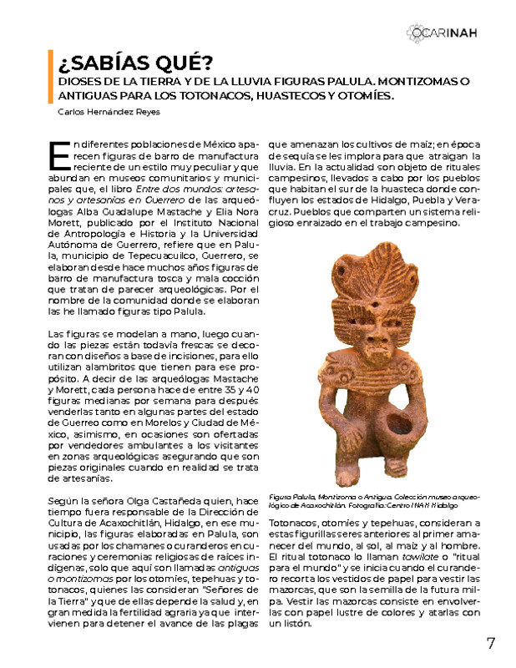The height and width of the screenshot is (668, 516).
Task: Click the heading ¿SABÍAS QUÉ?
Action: tap(134, 63)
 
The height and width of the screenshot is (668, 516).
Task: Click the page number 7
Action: tap(491, 643)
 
